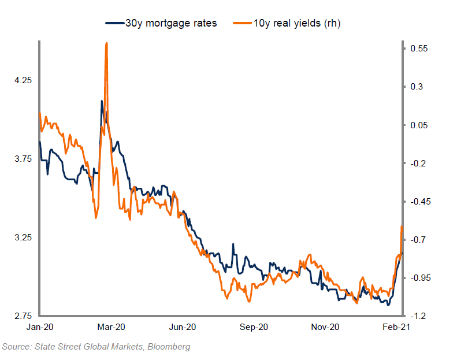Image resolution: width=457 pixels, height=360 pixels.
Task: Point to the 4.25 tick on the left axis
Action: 23,80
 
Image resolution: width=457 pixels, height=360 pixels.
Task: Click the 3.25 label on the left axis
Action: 23,238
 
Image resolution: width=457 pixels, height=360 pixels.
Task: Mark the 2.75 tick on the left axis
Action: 23,316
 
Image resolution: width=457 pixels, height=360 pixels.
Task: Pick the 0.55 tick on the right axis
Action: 419,49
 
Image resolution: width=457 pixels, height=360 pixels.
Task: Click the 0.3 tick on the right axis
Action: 417,87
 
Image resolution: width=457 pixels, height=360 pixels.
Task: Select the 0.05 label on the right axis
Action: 419,125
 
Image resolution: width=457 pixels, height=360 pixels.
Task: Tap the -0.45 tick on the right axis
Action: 420,202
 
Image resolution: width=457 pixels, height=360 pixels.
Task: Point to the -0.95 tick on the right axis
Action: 420,278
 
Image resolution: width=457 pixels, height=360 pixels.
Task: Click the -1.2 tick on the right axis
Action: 418,316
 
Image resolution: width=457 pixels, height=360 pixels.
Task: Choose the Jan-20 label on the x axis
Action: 39,328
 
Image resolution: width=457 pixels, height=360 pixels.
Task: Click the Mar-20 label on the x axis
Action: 110,328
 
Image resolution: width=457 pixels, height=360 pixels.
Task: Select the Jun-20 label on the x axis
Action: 183,328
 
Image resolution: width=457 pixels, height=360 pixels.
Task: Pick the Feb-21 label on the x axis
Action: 397,328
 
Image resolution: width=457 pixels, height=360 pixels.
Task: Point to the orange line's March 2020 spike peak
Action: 106,43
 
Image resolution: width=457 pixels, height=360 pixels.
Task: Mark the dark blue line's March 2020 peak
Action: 102,101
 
